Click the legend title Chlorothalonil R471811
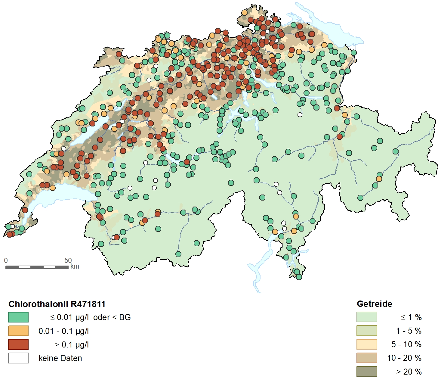click(57, 304)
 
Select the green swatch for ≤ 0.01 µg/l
click(18, 317)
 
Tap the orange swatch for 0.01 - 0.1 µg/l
click(18, 331)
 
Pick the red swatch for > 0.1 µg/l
click(18, 344)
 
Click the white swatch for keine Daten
click(18, 358)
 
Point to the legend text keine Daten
click(60, 358)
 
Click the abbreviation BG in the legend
click(125, 317)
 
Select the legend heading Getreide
click(374, 304)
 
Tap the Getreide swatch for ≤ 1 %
click(366, 317)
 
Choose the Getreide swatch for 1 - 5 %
click(366, 331)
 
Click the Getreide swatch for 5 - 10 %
click(366, 344)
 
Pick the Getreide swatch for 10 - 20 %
click(366, 358)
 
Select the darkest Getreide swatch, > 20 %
click(366, 371)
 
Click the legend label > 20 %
click(409, 372)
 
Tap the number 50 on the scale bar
click(68, 260)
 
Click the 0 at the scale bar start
click(6, 260)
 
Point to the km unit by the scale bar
click(75, 266)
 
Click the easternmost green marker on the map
click(396, 151)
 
